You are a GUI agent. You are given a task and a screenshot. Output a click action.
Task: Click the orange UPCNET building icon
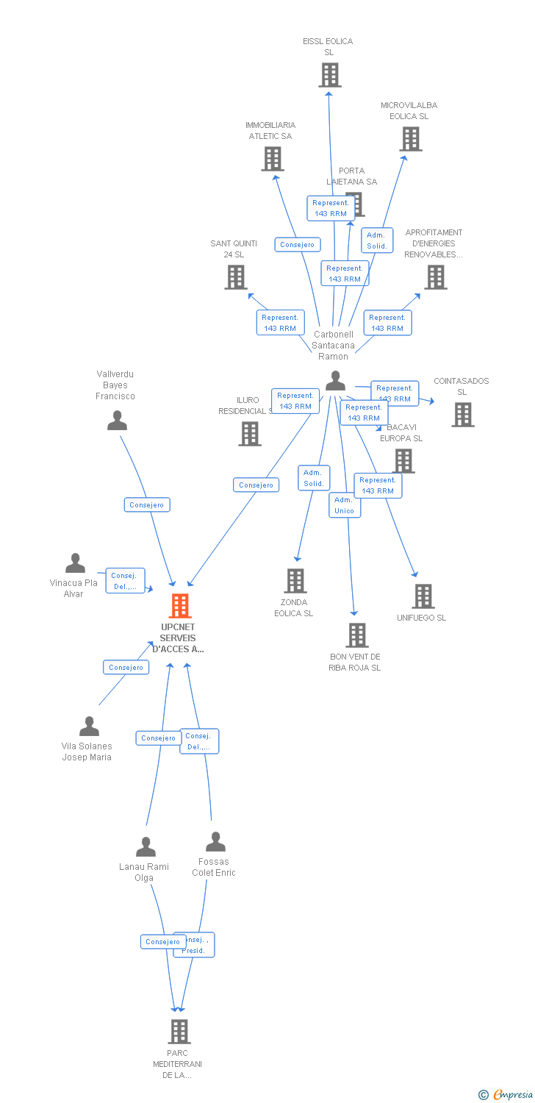point(180,606)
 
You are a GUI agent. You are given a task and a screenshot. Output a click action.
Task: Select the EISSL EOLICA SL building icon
point(330,75)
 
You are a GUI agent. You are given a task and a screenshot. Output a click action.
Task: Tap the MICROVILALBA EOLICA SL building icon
point(411,139)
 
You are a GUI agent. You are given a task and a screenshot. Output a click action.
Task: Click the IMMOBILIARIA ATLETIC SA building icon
point(273,159)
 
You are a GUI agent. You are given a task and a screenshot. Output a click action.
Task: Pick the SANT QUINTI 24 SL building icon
point(236,277)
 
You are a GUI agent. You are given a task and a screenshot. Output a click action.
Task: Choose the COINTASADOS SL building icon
point(463,415)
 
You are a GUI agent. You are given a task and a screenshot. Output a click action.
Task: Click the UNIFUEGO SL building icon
point(423,596)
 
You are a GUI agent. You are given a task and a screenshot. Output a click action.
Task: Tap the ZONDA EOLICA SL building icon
point(295,581)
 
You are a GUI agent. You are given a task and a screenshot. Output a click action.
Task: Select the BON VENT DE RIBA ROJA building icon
point(357,635)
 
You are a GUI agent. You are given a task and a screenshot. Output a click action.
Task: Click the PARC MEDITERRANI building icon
point(179,1032)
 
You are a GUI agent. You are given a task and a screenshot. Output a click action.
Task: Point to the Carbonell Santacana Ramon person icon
point(336,381)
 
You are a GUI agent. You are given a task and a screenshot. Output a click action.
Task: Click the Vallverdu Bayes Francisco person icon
point(118,421)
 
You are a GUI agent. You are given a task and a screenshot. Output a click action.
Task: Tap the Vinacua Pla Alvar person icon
point(75,563)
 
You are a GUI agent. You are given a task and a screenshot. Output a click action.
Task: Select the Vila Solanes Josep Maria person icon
point(90,727)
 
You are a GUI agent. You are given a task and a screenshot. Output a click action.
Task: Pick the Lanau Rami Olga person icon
point(146,847)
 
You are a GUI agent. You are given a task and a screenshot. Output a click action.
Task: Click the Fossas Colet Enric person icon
point(215,842)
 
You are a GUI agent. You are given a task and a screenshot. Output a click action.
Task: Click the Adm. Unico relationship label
point(344,505)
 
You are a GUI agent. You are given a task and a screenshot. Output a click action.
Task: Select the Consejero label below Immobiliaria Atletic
point(297,245)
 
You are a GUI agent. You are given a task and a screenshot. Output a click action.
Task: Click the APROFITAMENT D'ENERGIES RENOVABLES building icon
point(436,277)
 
